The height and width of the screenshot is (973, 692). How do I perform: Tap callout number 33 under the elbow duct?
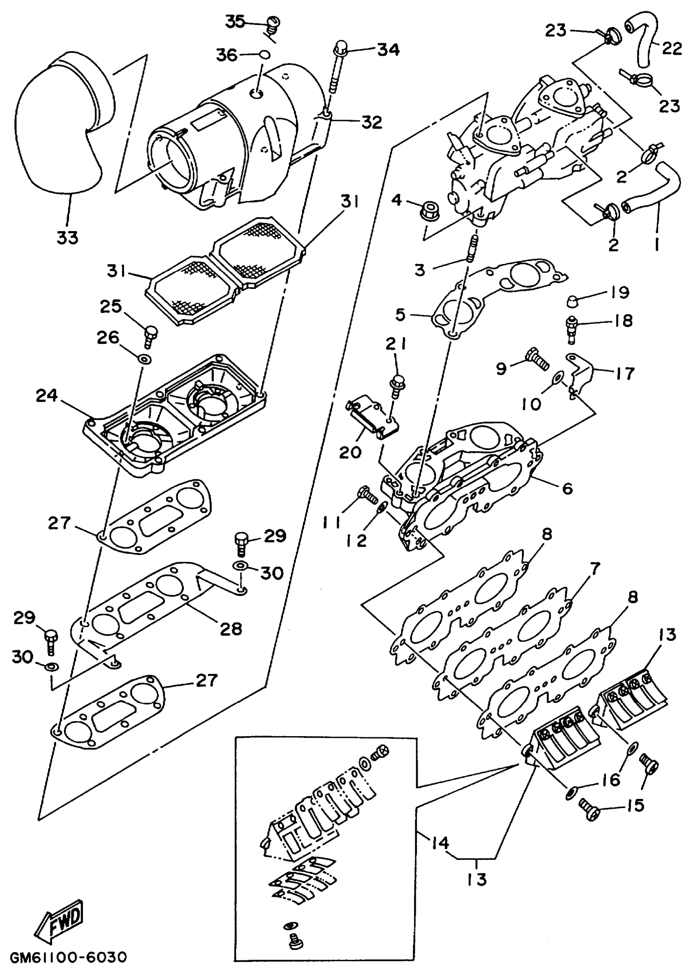(67, 237)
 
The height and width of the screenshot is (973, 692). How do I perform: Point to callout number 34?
(388, 50)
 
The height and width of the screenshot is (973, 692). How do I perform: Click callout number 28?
(230, 629)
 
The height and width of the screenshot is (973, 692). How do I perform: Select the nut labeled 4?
(425, 211)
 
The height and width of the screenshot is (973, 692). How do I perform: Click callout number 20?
(350, 452)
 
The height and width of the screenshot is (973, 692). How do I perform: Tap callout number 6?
(567, 488)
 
